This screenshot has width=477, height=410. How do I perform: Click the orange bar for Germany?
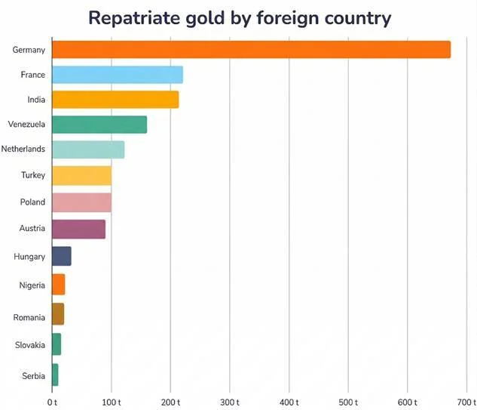251,50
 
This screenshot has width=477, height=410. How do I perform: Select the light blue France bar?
117,75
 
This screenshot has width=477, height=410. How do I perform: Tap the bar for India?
115,100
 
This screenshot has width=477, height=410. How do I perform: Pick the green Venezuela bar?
99,125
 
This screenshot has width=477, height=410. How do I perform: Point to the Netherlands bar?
87,150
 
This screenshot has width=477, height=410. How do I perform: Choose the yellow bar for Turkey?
81,175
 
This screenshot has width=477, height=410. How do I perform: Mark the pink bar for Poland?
81,202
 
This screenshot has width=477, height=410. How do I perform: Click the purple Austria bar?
78,229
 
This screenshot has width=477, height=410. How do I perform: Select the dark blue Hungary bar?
61,257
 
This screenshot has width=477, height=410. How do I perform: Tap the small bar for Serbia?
55,375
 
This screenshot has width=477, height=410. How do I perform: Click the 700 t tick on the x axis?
466,402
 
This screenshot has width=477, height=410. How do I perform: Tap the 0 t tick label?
52,402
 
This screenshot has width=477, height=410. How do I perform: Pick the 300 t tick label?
229,402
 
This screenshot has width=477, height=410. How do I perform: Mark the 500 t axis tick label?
347,402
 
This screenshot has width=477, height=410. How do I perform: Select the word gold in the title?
212,18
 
